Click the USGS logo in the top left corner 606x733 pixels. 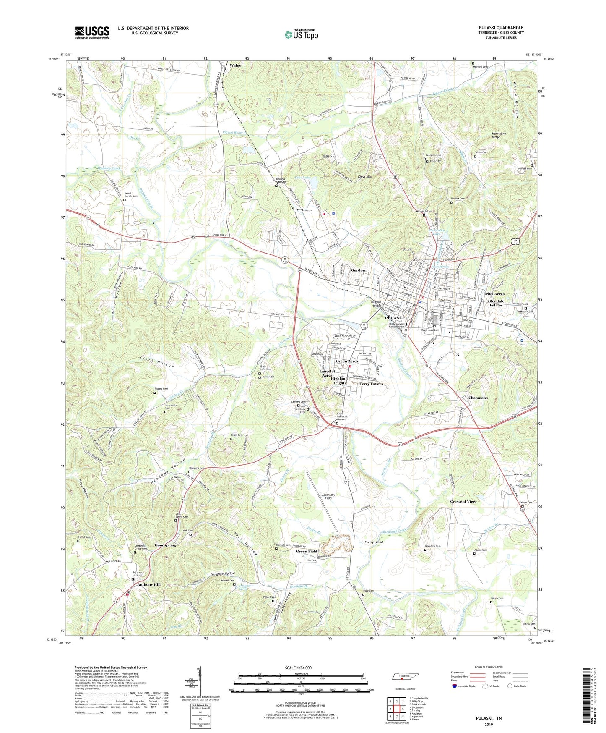[x=92, y=32]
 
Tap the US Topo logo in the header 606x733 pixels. [x=301, y=34]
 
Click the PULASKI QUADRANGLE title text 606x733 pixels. [x=501, y=28]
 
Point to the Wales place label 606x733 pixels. [x=235, y=65]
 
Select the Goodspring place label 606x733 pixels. [x=165, y=545]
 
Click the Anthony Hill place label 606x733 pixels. [x=149, y=584]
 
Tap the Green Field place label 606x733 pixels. [x=307, y=551]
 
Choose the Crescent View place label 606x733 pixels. [x=463, y=501]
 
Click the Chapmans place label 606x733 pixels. [x=478, y=398]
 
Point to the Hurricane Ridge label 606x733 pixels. [x=499, y=135]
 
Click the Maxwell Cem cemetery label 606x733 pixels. [x=480, y=67]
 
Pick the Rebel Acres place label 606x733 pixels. [x=494, y=294]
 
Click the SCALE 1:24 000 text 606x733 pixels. [x=298, y=668]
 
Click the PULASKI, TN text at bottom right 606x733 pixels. [x=489, y=718]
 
